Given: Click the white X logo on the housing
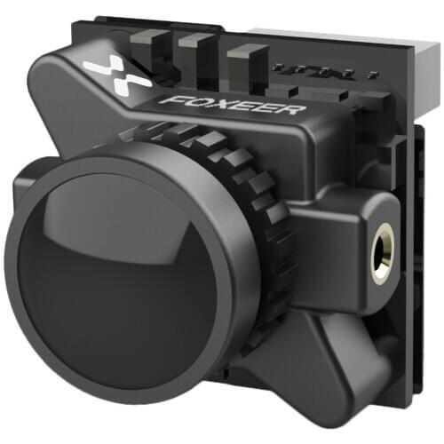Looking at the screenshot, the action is (117, 75).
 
